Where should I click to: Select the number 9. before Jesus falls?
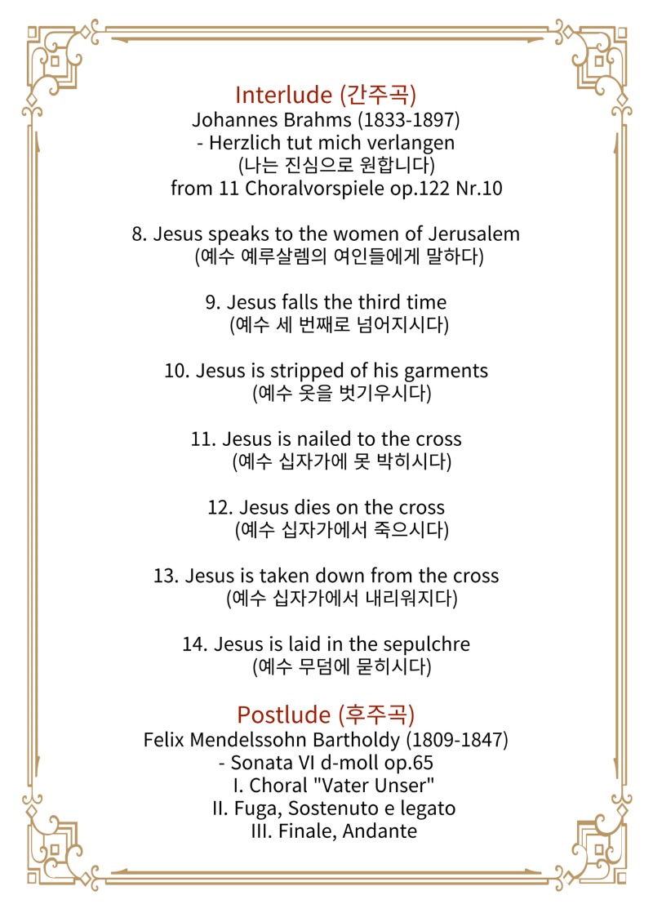click(214, 302)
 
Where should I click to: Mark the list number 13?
click(166, 576)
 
